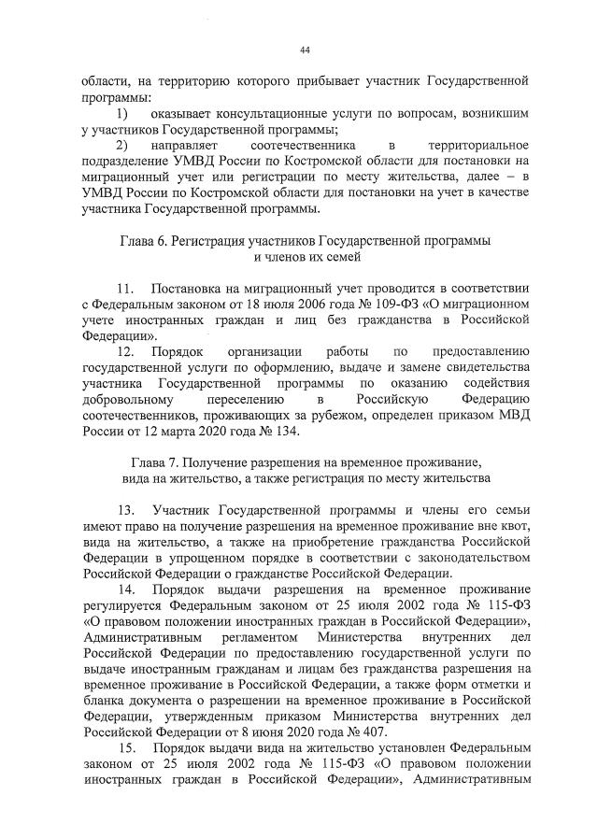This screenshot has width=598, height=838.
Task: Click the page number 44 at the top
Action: coord(305,50)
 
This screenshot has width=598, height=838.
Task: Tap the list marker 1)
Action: coord(121,113)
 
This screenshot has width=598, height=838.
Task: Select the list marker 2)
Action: coord(121,147)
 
